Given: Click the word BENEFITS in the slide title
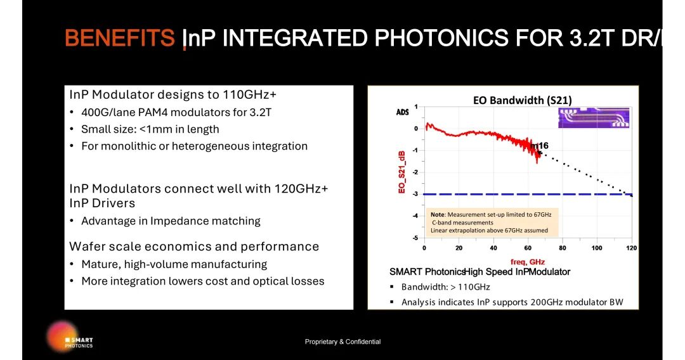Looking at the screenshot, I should coord(120,38).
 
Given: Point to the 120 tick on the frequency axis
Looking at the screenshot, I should coord(631,248).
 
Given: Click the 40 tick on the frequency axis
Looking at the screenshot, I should coord(493,248).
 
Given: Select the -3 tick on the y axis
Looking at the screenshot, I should coord(415,194).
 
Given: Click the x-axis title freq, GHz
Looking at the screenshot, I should coord(528,262).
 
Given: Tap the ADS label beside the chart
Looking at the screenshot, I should coord(402,112).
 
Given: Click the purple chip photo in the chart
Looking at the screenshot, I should coord(594,118).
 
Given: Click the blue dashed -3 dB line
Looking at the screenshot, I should coord(482,194).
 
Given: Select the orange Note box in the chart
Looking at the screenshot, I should coord(492,222).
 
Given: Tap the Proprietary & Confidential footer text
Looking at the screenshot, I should coord(342,342).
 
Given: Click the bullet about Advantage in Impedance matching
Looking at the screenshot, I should coord(171,221).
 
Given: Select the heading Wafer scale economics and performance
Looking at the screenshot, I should coord(194,247).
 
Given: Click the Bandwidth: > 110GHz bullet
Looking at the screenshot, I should coord(445,286).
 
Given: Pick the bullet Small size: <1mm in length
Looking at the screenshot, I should coord(150,129).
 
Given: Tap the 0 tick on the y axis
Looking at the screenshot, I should coord(415,129).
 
